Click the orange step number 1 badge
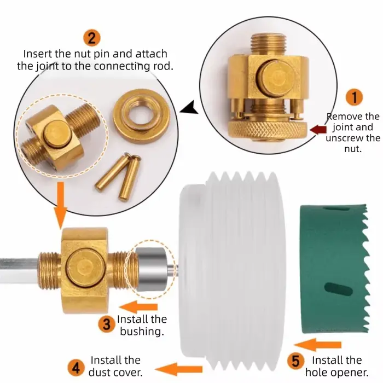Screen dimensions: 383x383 tap(354, 97)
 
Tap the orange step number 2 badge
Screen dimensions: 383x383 tap(92, 38)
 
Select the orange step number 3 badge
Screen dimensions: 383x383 tap(107, 324)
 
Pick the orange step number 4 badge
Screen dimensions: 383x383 tap(76, 368)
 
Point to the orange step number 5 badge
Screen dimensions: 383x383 tap(295, 361)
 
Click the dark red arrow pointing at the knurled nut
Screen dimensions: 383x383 tap(318, 130)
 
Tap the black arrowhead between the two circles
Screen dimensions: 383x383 tap(189, 107)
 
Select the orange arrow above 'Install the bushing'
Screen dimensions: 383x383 tap(138, 307)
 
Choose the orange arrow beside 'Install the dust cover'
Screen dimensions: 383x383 tap(178, 369)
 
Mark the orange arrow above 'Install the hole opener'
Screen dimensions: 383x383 tap(318, 345)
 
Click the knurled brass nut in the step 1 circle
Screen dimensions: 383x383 tap(268, 130)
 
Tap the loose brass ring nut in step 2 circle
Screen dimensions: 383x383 tap(141, 116)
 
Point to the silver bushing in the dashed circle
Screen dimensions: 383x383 tap(151, 269)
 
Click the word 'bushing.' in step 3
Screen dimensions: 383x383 tap(142, 332)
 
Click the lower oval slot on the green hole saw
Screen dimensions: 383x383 tap(338, 289)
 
